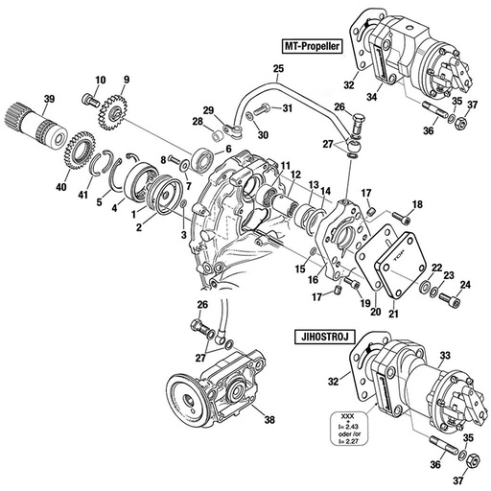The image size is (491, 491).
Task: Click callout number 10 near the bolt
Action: tap(100, 79)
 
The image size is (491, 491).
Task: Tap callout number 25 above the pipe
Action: tap(278, 69)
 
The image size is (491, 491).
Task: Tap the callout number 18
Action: tap(417, 204)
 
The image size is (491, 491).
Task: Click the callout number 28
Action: tap(197, 122)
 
